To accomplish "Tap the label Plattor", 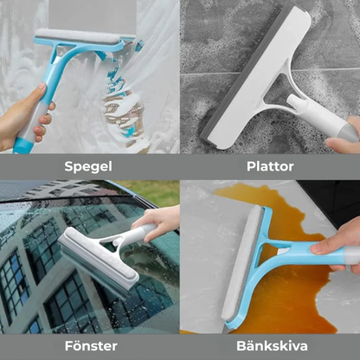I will click(x=269, y=165).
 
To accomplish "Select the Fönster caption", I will click(x=90, y=345).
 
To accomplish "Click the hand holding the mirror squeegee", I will click(x=19, y=117).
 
